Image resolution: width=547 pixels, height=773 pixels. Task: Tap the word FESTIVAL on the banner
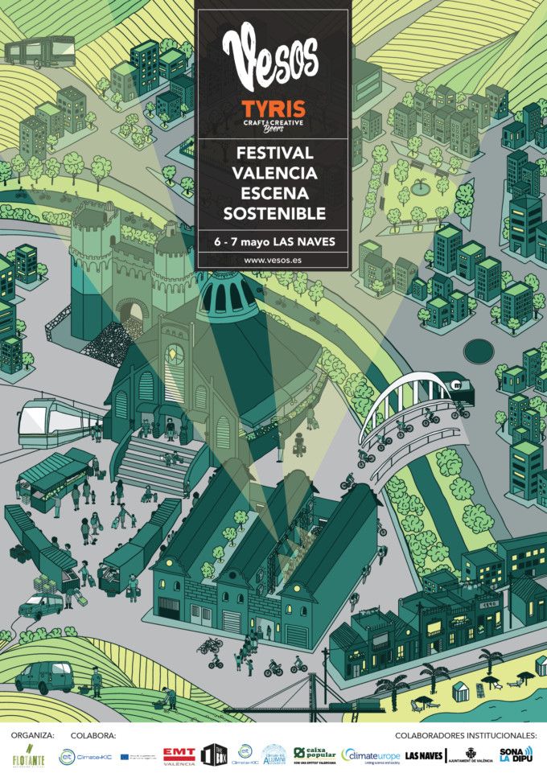coord(273,153)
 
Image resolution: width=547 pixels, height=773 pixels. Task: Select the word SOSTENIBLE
coord(273,213)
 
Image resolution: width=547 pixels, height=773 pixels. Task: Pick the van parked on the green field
coord(44,678)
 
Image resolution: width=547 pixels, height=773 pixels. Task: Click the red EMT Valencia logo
coord(179,754)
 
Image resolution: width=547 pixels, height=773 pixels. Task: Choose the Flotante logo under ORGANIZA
coord(27,755)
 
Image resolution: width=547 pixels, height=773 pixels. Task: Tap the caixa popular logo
coord(315,755)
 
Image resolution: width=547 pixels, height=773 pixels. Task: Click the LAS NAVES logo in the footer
coord(424,756)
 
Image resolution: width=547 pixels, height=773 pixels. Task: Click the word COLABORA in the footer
coord(93,735)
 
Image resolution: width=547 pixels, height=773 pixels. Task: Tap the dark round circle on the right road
coord(480,351)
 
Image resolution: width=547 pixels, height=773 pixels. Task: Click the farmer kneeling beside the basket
coord(168,697)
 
